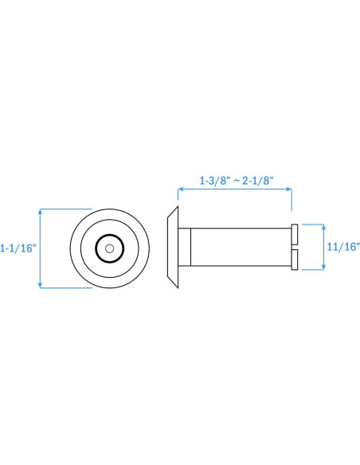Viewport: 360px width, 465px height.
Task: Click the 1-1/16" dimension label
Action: pos(18,248)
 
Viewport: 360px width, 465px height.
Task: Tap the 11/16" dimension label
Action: pos(343,247)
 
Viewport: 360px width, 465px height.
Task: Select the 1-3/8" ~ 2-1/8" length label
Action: pos(237,181)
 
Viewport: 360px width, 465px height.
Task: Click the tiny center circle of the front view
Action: pos(109,248)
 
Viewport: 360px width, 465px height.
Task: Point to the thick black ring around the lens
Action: pos(109,235)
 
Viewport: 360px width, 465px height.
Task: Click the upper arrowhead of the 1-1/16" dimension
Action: pos(41,211)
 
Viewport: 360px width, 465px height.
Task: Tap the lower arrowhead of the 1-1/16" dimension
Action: pos(41,285)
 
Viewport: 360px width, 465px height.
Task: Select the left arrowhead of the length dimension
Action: pos(180,189)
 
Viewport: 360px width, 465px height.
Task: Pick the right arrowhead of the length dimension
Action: pos(289,189)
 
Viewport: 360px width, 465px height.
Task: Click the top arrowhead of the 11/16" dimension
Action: pos(323,227)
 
